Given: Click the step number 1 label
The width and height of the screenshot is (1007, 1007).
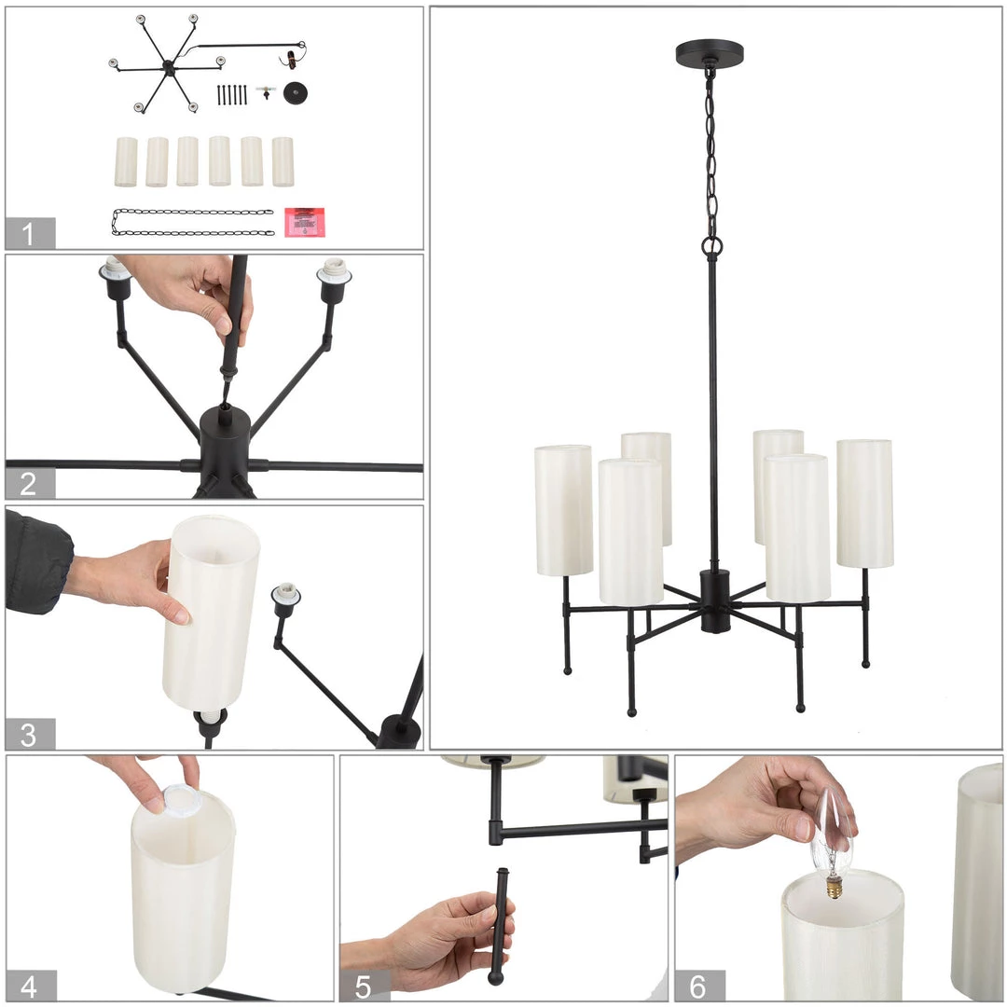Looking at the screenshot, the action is pyautogui.click(x=28, y=234).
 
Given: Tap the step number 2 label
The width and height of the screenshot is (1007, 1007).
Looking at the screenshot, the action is pyautogui.click(x=28, y=484).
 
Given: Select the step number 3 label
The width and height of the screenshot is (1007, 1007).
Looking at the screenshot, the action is pyautogui.click(x=28, y=735).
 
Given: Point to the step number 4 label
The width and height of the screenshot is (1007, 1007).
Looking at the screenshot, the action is pyautogui.click(x=29, y=986).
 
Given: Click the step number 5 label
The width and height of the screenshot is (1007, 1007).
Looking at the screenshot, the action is pyautogui.click(x=363, y=986).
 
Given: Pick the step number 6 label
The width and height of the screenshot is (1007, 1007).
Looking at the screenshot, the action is pyautogui.click(x=698, y=986).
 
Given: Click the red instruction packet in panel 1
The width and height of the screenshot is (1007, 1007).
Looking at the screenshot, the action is pyautogui.click(x=304, y=222).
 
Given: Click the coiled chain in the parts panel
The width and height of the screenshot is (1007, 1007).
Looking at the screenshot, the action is pyautogui.click(x=193, y=222).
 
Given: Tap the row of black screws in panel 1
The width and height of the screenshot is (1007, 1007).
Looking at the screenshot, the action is pyautogui.click(x=232, y=94).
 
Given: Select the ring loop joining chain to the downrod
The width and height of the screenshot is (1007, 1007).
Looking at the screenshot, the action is pyautogui.click(x=711, y=245).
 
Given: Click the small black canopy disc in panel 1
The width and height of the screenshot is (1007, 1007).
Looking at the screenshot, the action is pyautogui.click(x=296, y=93).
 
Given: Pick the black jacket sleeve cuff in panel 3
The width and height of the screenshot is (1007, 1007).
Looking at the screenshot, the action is pyautogui.click(x=37, y=563).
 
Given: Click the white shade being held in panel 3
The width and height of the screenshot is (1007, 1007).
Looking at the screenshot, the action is pyautogui.click(x=211, y=613).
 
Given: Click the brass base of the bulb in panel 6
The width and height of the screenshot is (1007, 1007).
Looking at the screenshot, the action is pyautogui.click(x=834, y=889).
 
